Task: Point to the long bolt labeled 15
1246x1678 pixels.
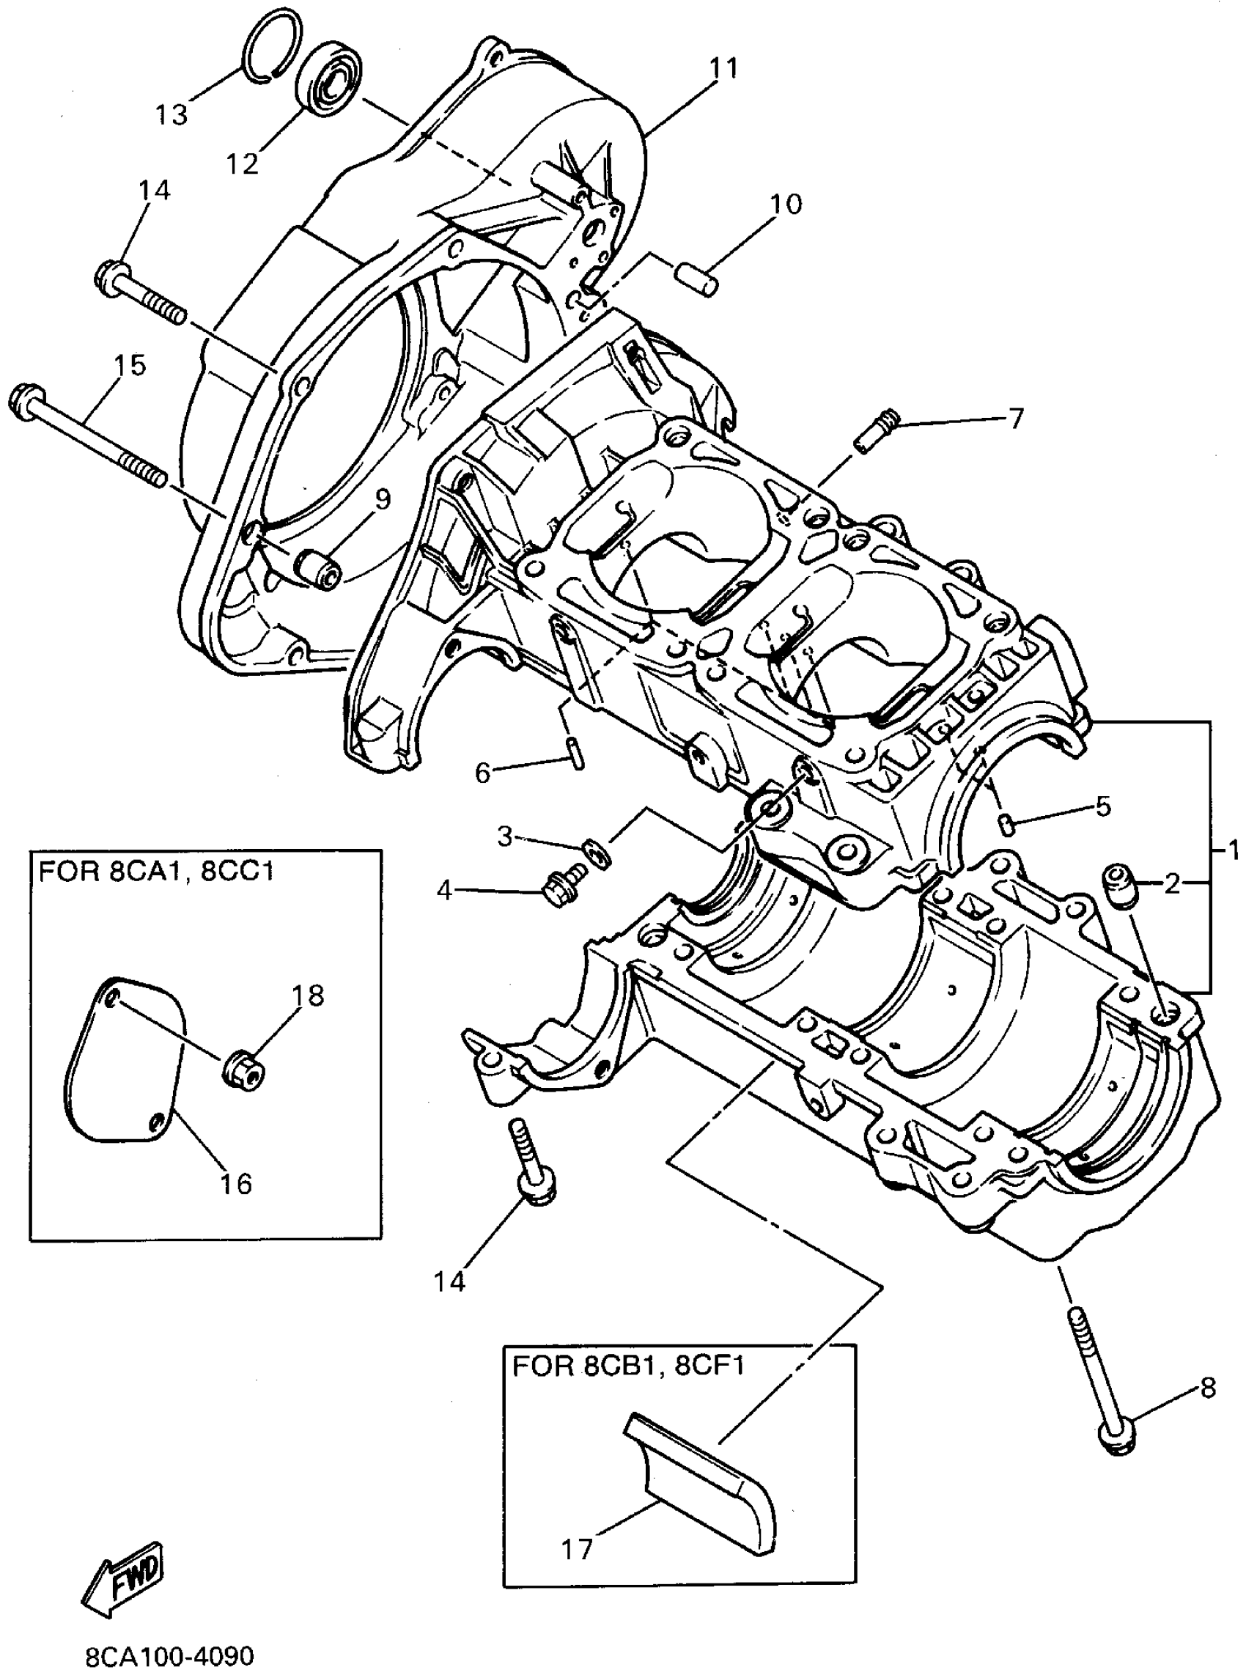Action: [87, 438]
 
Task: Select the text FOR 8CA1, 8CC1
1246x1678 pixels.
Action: [156, 872]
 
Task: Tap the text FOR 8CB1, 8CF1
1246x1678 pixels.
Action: [628, 1365]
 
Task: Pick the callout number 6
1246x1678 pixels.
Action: [483, 771]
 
